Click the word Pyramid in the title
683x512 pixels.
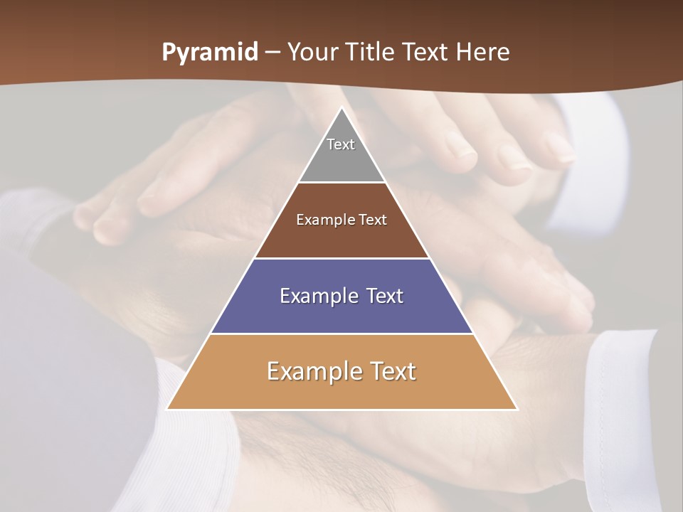point(210,53)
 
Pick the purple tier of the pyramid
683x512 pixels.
point(341,313)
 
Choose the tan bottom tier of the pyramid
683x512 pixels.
point(341,391)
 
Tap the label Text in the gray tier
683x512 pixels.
point(341,144)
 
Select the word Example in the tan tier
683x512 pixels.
point(314,371)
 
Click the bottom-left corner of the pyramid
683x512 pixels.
point(168,409)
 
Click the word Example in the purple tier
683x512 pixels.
point(317,296)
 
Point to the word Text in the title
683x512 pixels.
point(426,52)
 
